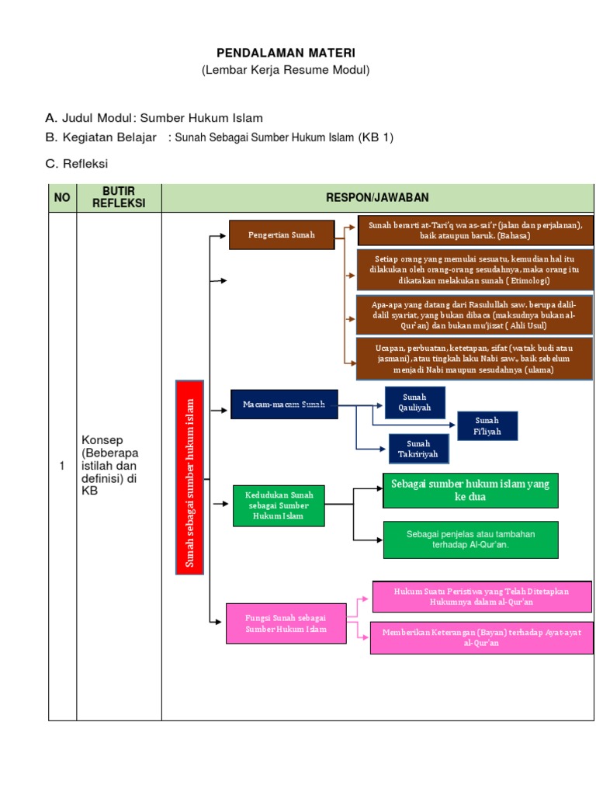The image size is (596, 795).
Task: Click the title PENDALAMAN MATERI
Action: tap(285, 53)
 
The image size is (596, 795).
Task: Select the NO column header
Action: tap(62, 198)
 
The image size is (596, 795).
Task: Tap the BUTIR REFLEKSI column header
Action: tap(119, 198)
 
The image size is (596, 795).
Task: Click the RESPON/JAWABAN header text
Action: tap(376, 198)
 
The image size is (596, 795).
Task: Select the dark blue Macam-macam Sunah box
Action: tap(285, 404)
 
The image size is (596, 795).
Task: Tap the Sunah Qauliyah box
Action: tap(415, 402)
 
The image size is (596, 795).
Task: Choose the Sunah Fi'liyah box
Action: tap(487, 425)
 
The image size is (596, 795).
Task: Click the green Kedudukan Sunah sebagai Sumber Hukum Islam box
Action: tap(279, 505)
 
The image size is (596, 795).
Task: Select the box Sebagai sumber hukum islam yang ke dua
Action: tap(470, 491)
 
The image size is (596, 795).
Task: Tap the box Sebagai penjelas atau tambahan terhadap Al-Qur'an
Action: tap(470, 540)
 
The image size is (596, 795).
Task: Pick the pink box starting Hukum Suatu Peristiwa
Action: tap(481, 596)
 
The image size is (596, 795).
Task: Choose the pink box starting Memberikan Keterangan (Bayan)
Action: tap(481, 637)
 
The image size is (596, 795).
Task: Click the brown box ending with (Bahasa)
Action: tap(475, 230)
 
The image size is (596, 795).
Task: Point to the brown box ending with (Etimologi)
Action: tap(475, 269)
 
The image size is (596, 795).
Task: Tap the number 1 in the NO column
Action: tap(62, 466)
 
